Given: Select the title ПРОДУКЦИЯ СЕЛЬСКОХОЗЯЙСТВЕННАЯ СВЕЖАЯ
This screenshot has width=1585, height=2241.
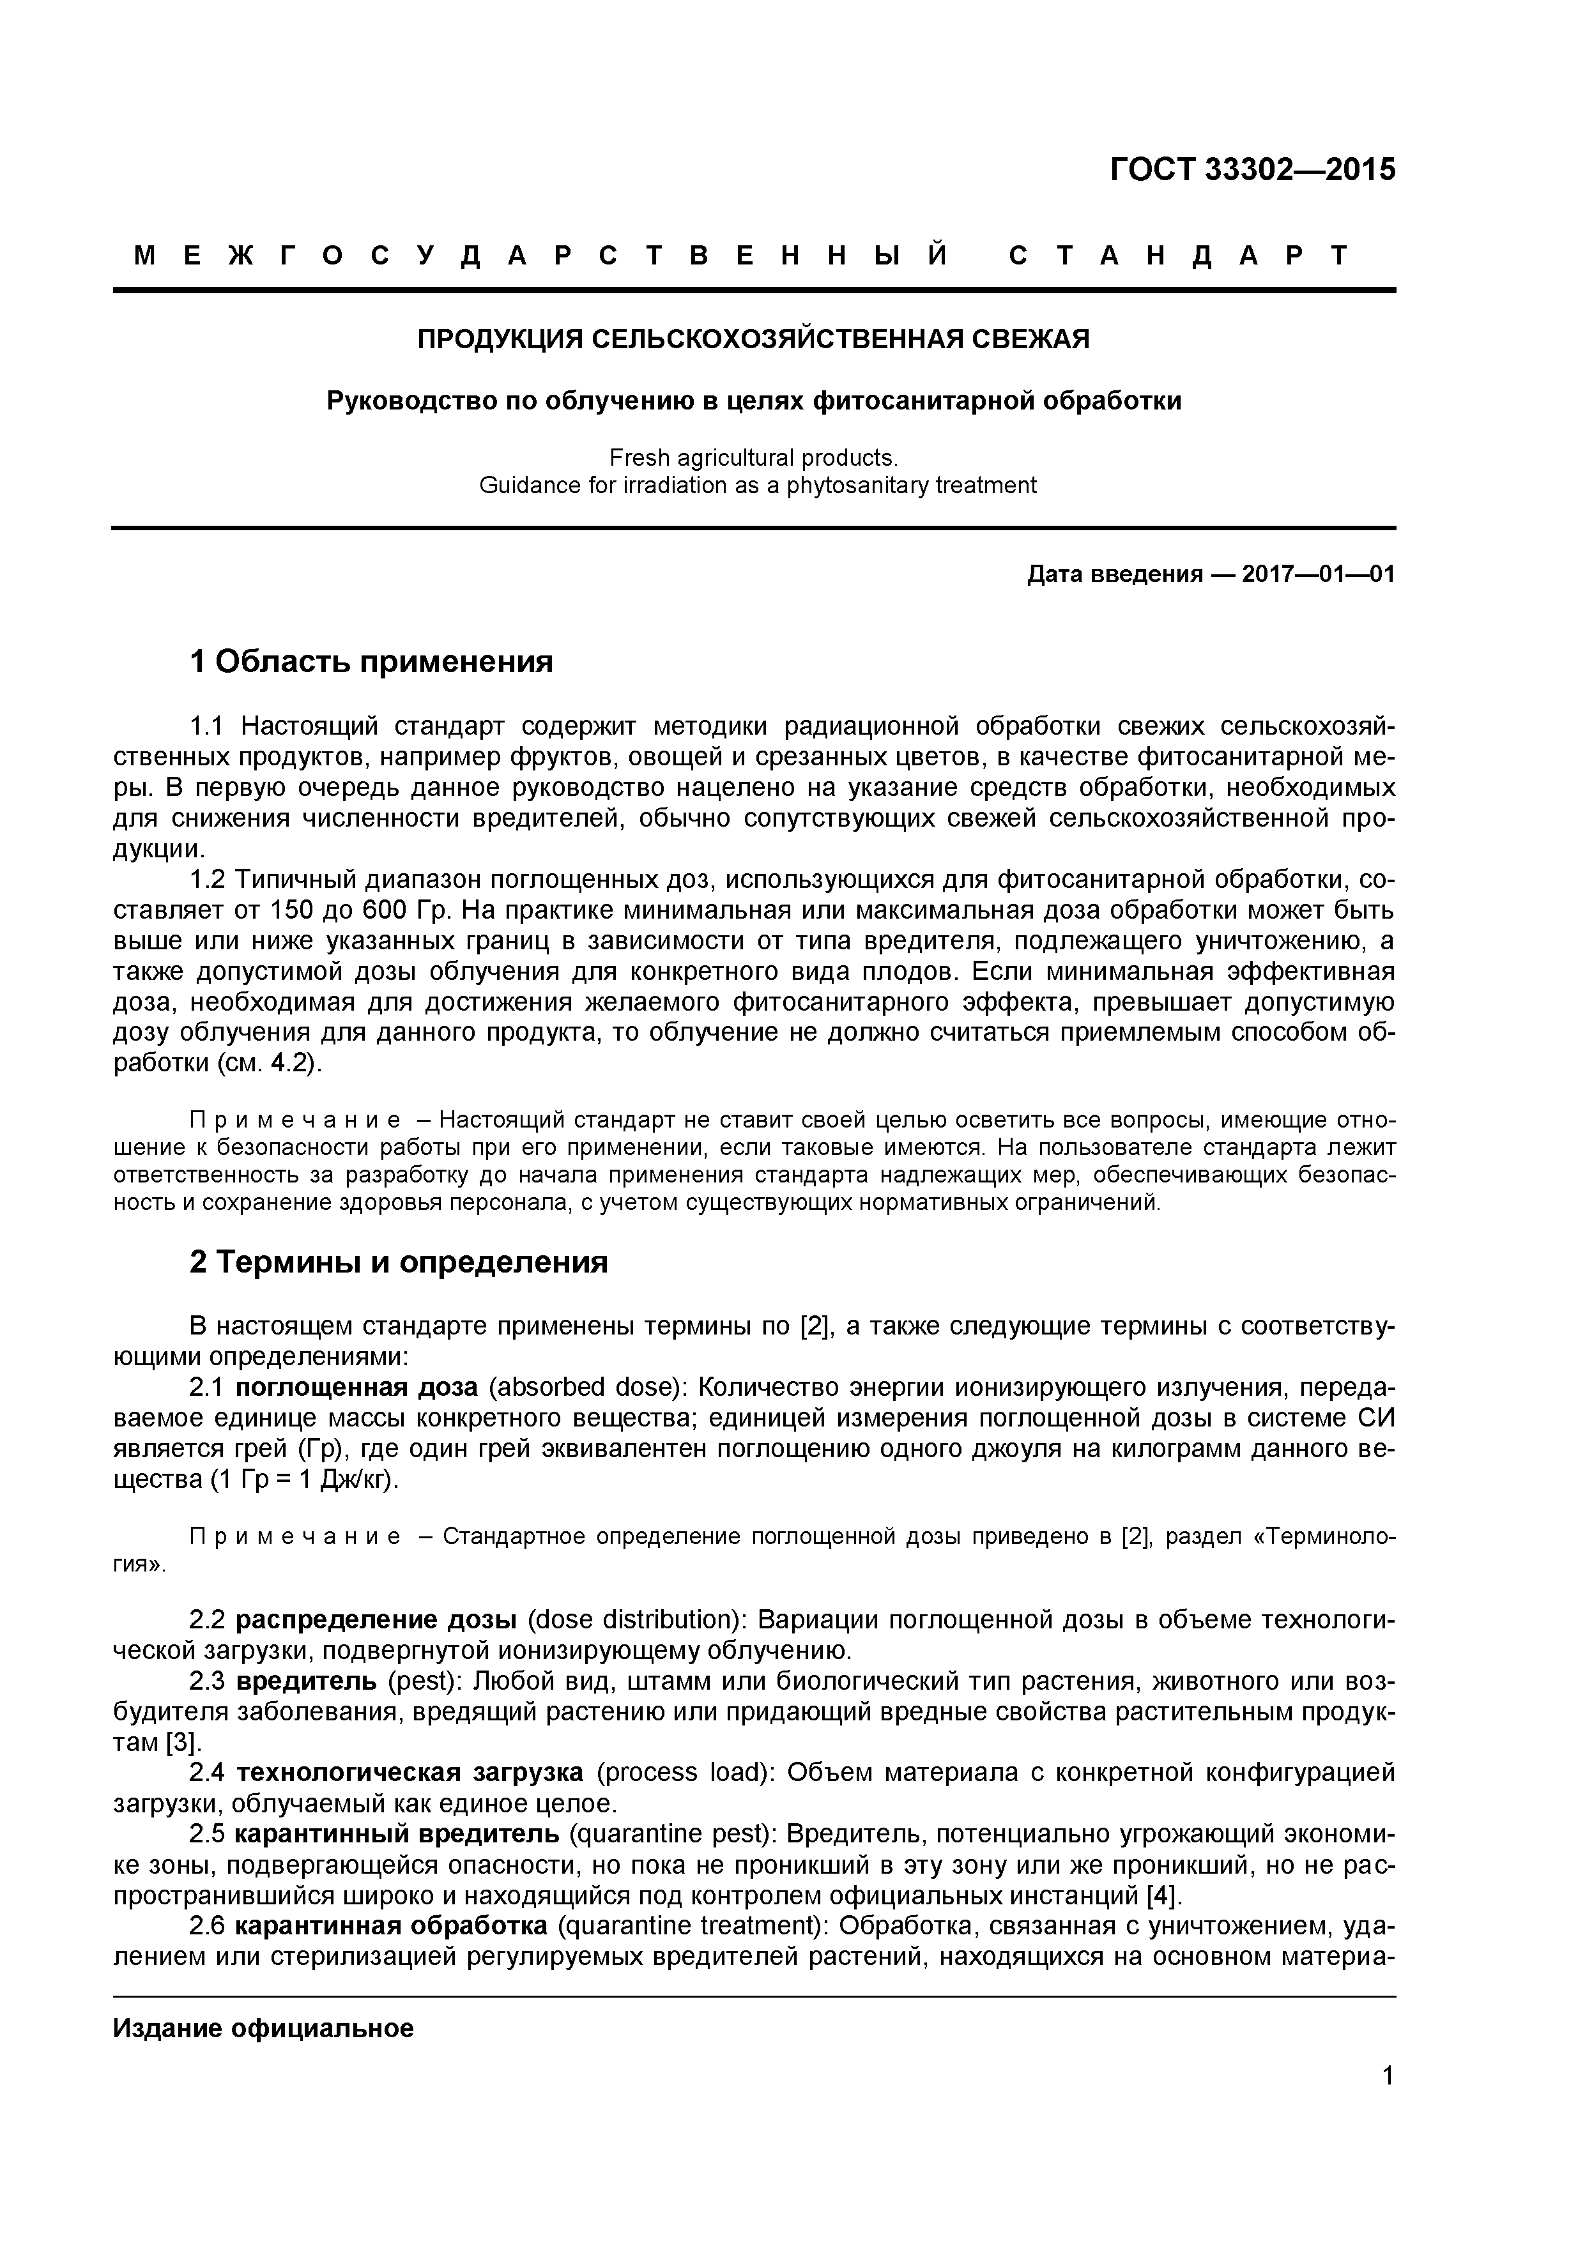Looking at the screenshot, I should pyautogui.click(x=753, y=339).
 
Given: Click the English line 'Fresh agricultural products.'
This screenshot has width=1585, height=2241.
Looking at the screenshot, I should pyautogui.click(x=753, y=458).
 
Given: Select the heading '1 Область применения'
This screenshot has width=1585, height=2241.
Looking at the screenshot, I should pyautogui.click(x=371, y=662).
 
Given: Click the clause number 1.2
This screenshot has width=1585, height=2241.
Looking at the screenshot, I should pyautogui.click(x=208, y=880).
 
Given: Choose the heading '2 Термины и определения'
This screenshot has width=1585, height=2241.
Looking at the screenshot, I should pyautogui.click(x=398, y=1262).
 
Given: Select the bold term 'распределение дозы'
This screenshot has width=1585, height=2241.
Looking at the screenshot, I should pyautogui.click(x=376, y=1619).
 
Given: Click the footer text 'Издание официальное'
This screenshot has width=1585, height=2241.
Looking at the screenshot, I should pyautogui.click(x=263, y=2029).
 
